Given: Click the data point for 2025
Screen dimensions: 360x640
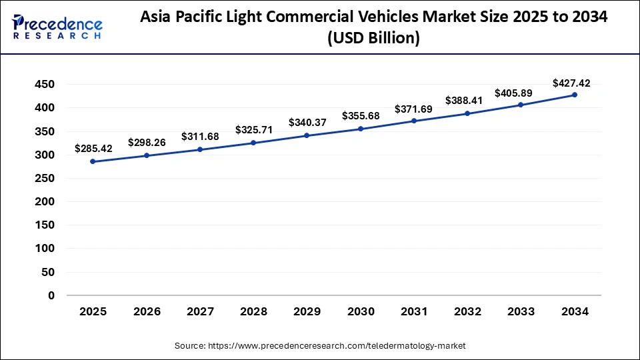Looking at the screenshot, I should [93, 161].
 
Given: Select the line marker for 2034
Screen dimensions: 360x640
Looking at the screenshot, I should [574, 95].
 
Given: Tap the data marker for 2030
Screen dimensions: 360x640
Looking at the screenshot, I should [360, 129].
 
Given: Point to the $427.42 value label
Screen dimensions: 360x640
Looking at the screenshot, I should [571, 83].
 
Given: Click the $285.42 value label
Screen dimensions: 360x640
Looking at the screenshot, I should [93, 148].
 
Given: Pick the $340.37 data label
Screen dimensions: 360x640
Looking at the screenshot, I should [307, 123].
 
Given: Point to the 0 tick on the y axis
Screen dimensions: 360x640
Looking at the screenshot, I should [51, 295].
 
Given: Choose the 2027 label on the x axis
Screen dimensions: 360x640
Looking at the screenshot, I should [200, 312].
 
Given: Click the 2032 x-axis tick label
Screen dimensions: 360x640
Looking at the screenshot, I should [467, 312].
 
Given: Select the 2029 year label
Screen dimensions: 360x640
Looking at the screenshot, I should [307, 312].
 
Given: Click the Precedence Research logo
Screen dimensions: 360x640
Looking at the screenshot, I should [57, 27].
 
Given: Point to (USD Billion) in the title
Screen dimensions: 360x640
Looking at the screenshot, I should [373, 39].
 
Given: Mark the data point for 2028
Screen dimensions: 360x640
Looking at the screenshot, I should [253, 143].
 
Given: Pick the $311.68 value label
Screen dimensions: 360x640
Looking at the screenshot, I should [200, 137].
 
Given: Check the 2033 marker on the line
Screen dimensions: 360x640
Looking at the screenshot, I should [521, 105].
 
